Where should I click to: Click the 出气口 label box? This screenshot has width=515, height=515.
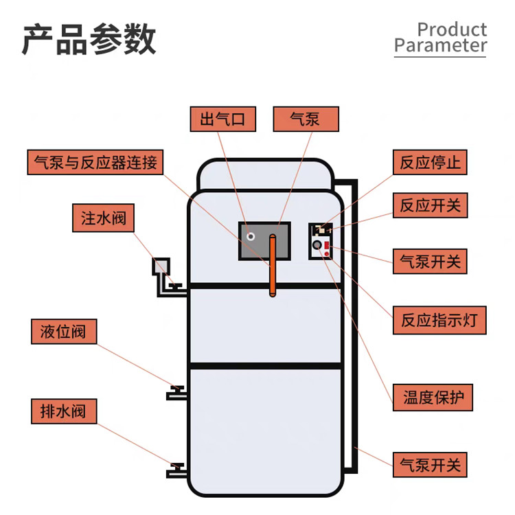coord(222,119)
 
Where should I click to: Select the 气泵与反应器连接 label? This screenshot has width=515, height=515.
coord(95,162)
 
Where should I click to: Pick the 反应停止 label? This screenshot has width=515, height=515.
coord(430,162)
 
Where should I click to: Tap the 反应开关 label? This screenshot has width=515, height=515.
coord(430,205)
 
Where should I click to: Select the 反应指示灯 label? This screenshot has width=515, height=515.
coord(439,320)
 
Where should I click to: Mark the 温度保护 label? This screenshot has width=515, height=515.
coord(433,397)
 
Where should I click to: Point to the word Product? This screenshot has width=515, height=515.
coord(452,30)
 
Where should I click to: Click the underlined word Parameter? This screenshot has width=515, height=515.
coord(440,47)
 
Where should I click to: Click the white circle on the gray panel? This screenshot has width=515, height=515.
coord(252,236)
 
